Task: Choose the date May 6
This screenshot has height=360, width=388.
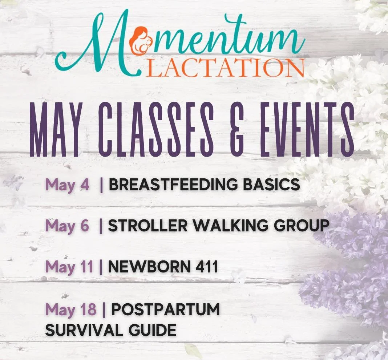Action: click(67, 226)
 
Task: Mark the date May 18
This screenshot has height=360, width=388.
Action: click(71, 310)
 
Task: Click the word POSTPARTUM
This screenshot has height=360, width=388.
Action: click(165, 310)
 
